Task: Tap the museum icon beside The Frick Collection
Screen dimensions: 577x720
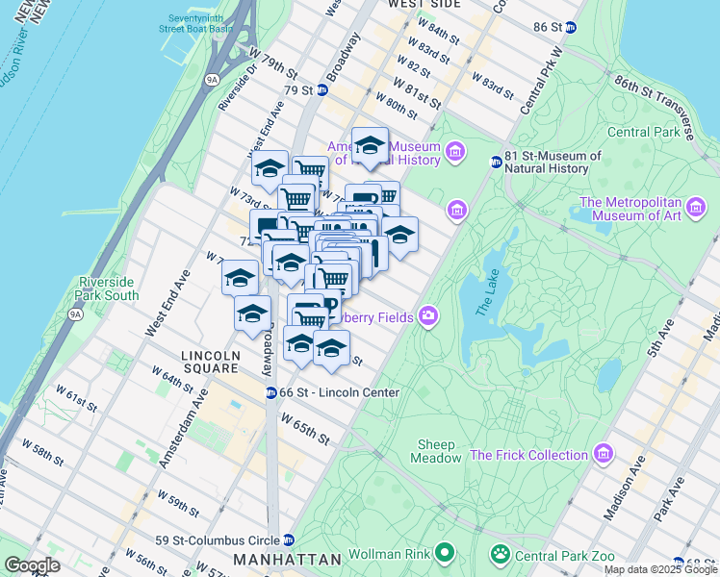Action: click(x=604, y=453)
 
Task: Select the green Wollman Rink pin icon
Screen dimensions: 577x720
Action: click(x=444, y=553)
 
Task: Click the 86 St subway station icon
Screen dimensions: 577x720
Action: click(x=570, y=27)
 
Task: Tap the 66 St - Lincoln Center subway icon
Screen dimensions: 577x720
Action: click(x=272, y=392)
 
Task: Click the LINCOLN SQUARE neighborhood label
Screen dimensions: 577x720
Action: click(x=209, y=362)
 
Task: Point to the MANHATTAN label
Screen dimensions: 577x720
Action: click(x=288, y=560)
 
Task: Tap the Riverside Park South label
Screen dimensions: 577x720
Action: click(x=108, y=288)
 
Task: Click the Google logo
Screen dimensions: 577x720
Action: click(x=33, y=565)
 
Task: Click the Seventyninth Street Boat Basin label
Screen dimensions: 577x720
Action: click(x=195, y=23)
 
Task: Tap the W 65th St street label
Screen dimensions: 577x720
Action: click(x=304, y=428)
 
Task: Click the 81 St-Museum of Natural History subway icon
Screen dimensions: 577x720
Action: click(x=497, y=162)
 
